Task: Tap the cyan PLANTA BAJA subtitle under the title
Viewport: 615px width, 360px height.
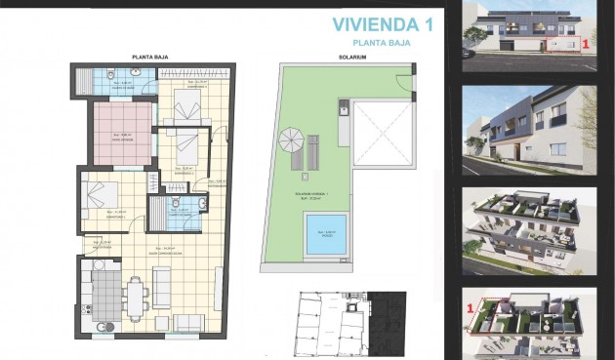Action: (383, 43)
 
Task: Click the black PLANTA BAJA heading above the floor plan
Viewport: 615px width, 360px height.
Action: (153, 58)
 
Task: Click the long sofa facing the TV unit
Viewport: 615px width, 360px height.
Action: (162, 286)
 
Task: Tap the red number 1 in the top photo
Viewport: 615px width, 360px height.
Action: (585, 44)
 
